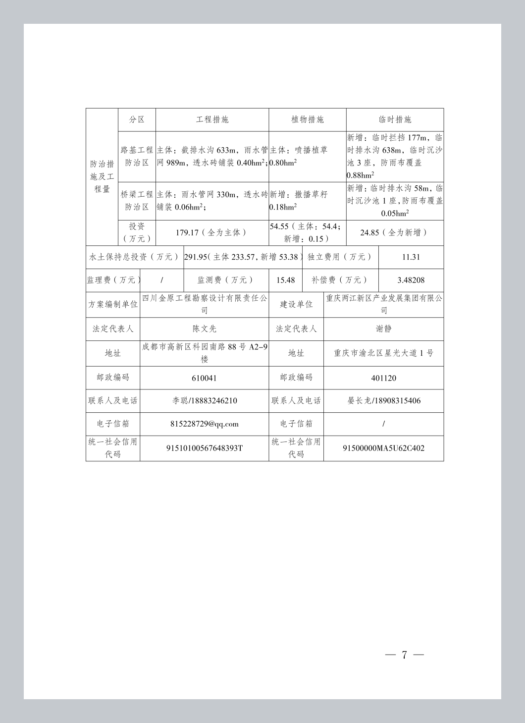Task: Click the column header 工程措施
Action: [212, 119]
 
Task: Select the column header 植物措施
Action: [307, 119]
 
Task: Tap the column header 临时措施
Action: [395, 119]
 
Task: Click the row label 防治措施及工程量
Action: [102, 176]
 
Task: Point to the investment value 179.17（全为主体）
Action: [211, 232]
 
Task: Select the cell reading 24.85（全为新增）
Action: [394, 232]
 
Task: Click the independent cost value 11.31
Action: [411, 257]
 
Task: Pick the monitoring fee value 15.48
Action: [285, 280]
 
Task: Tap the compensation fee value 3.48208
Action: [411, 280]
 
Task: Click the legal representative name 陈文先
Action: [204, 329]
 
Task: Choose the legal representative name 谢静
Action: [384, 329]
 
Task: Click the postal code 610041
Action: [204, 378]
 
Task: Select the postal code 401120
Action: [384, 378]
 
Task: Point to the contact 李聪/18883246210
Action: [204, 401]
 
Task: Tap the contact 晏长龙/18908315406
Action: [384, 401]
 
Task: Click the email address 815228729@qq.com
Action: [204, 424]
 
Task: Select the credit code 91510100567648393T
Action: [204, 448]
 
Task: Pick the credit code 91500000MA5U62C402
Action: [384, 448]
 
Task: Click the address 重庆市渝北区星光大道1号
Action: [384, 353]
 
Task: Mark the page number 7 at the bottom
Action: [404, 655]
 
